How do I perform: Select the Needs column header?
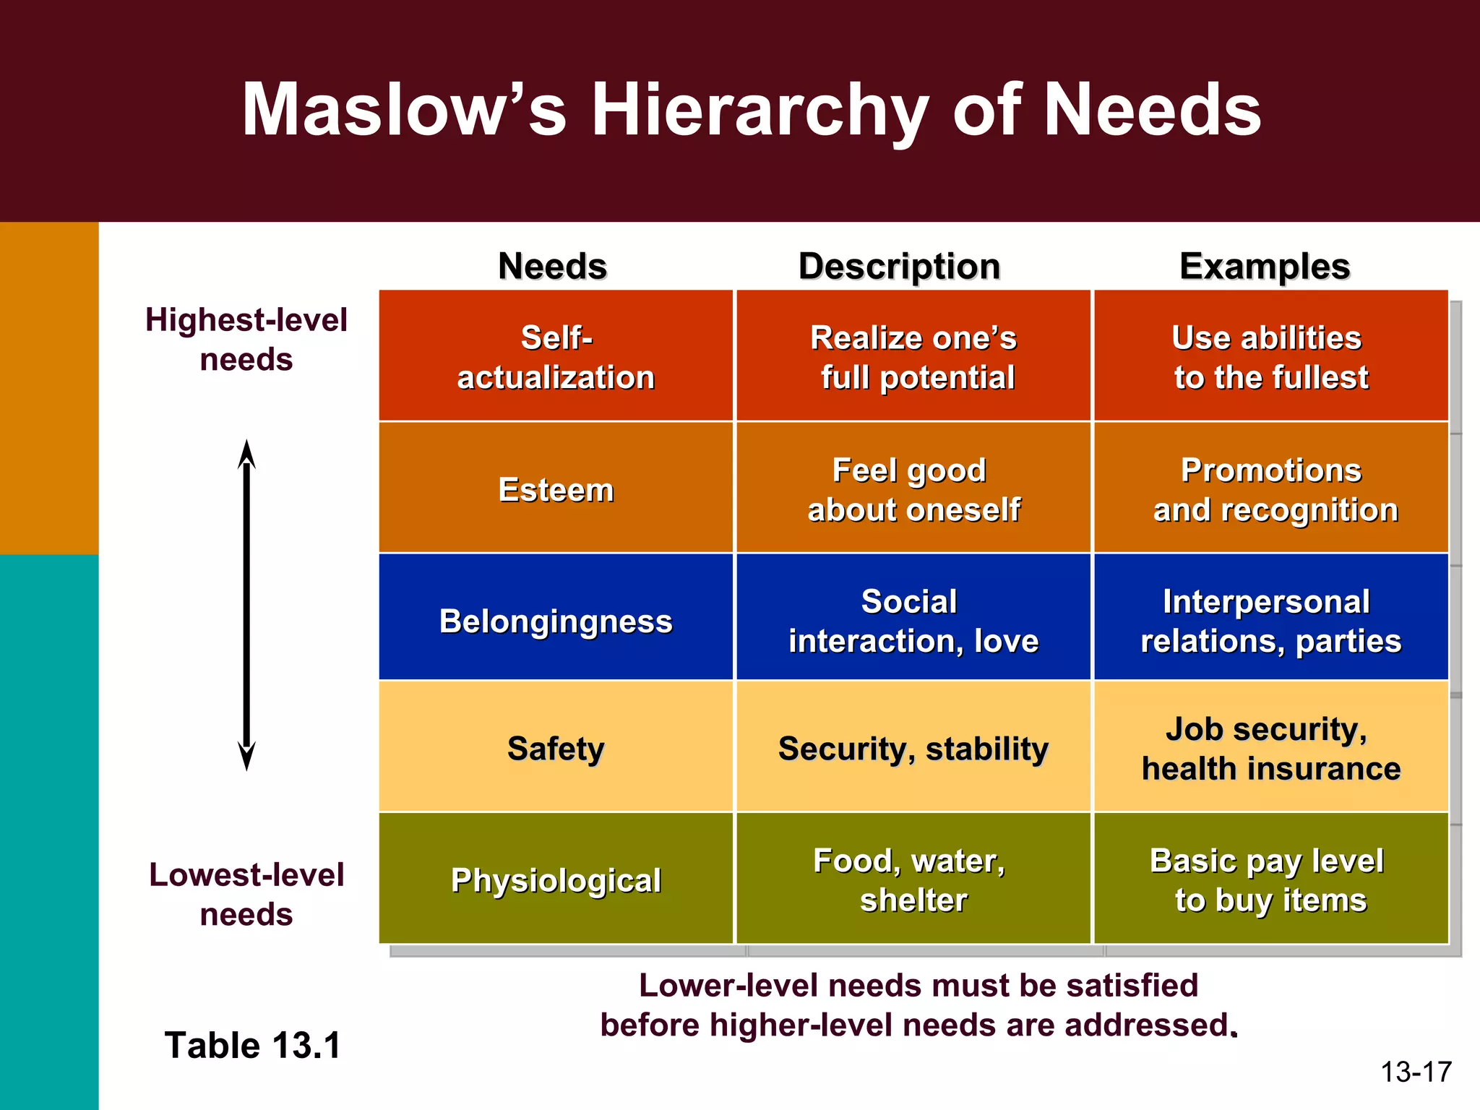click(553, 266)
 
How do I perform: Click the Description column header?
click(899, 266)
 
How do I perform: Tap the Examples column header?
click(1265, 266)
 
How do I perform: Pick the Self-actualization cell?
click(556, 356)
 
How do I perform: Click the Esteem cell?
click(556, 489)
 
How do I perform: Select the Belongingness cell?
click(556, 621)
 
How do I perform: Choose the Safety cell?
click(556, 748)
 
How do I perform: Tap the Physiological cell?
click(556, 879)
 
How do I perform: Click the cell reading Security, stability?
click(913, 748)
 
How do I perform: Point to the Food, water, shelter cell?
click(913, 879)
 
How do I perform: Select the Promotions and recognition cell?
click(1271, 489)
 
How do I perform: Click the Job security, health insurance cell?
click(1271, 748)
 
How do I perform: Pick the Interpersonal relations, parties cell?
click(1271, 621)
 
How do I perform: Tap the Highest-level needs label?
click(246, 339)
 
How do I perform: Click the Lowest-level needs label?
click(246, 894)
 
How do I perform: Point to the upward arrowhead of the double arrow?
click(246, 453)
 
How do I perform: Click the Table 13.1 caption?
click(252, 1045)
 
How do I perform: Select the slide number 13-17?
click(1416, 1071)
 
